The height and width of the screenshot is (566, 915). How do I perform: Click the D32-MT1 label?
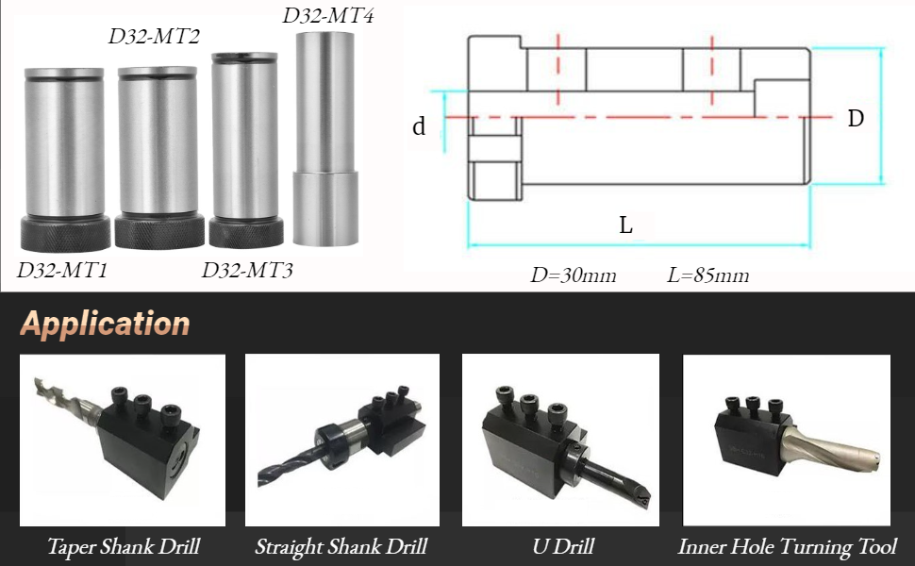tap(62, 271)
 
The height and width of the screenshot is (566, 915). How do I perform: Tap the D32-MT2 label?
tap(154, 38)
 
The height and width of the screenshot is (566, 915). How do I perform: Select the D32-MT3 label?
tap(247, 271)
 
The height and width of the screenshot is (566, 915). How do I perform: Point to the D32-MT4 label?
tap(328, 16)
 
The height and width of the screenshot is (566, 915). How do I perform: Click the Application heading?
tap(105, 324)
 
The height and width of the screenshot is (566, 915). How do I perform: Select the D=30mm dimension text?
tap(573, 275)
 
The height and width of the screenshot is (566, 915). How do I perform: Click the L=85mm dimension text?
tap(707, 275)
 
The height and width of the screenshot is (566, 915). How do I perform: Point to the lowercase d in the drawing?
tap(419, 126)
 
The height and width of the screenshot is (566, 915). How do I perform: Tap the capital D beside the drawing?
tap(856, 119)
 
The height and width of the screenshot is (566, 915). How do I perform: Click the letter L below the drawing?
tap(625, 225)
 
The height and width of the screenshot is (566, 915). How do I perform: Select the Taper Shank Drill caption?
tap(124, 546)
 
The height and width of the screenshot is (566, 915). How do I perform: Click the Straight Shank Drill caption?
tap(341, 546)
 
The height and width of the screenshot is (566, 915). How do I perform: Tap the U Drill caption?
tap(560, 546)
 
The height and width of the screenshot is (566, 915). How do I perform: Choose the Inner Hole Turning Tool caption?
tap(787, 546)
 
